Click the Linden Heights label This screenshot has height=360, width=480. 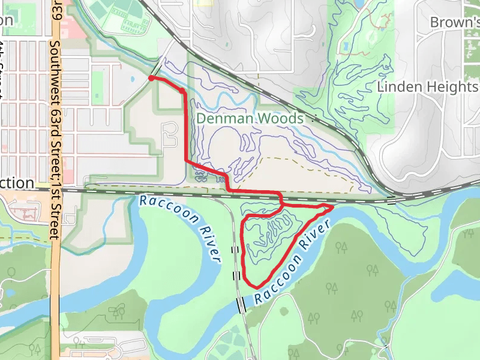(x=427, y=87)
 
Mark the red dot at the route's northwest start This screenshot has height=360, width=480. (x=151, y=78)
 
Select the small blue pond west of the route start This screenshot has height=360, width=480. (x=131, y=79)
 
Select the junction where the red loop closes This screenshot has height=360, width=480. (x=282, y=205)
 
